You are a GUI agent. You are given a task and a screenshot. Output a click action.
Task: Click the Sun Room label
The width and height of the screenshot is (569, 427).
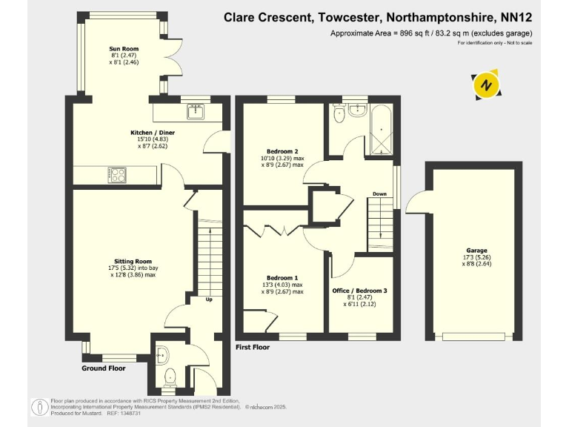click(x=124, y=49)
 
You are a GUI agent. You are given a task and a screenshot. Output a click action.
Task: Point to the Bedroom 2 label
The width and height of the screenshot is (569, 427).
click(x=282, y=152)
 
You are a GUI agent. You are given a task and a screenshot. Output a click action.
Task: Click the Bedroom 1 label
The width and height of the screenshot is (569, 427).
click(x=282, y=277)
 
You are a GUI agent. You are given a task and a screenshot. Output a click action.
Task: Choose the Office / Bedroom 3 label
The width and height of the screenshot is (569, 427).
click(x=364, y=290)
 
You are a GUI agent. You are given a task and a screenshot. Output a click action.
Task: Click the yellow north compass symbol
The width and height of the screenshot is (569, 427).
click(x=486, y=85)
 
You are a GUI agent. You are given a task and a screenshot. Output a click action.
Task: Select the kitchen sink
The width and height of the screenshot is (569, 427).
click(x=196, y=113)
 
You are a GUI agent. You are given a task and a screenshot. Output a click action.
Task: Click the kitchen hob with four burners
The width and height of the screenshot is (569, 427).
click(x=117, y=175)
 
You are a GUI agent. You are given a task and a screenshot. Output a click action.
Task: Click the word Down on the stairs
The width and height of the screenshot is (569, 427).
click(x=379, y=195)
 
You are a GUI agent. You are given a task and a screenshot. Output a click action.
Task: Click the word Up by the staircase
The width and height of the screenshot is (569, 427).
click(x=209, y=300)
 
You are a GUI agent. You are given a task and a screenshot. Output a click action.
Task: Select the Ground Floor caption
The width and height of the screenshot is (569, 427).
click(x=104, y=368)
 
